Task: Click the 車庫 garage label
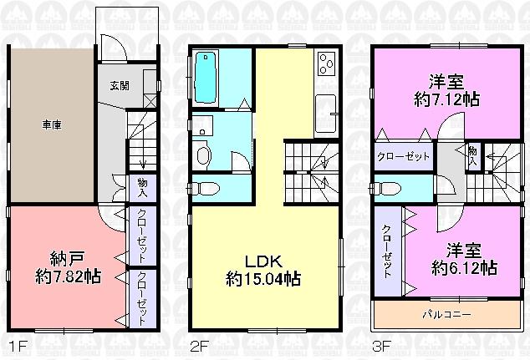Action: click(52, 125)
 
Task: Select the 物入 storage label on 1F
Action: click(142, 185)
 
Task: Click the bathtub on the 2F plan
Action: click(205, 77)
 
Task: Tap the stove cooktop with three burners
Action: click(325, 63)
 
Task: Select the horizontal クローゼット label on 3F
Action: click(403, 156)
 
